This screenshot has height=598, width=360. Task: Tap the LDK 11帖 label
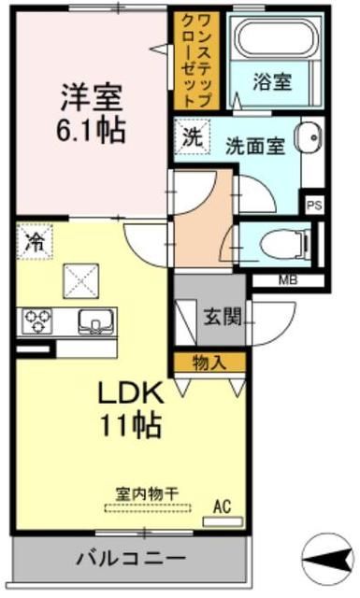131,408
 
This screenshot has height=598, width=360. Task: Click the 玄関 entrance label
222,315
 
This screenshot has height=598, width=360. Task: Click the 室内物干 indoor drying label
147,492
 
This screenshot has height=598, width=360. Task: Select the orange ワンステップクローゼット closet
196,60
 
